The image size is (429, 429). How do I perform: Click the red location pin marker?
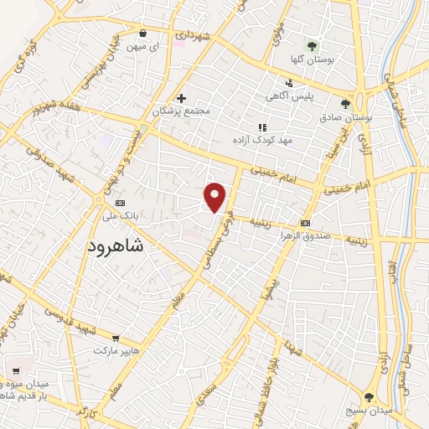215,197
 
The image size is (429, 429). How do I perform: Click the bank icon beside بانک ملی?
119,202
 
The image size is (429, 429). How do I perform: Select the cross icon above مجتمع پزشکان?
180,98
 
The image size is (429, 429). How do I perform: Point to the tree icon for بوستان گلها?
312,46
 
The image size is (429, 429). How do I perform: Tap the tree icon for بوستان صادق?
345,105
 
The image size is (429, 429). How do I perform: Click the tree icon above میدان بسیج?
370,396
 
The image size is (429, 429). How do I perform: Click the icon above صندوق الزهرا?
305,223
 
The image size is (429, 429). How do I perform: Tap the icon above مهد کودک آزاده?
262,127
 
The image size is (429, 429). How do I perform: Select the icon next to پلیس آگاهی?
289,82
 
